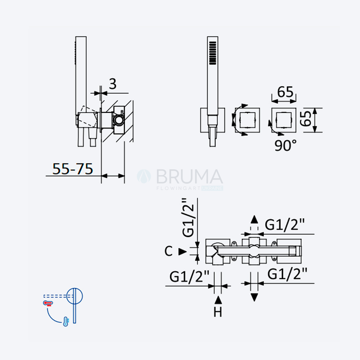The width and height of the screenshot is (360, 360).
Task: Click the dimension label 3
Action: click(x=112, y=84)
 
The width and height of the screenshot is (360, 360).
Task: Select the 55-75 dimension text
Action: click(x=73, y=169)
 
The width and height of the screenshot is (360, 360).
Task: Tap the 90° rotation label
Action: click(x=285, y=145)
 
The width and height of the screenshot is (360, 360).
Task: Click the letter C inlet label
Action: click(x=168, y=251)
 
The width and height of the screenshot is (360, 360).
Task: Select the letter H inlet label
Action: click(x=218, y=312)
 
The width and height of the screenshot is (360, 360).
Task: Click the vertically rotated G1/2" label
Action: click(x=188, y=217)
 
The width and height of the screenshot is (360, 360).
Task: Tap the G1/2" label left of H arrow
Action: click(x=189, y=276)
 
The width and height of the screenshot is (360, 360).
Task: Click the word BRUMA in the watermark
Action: click(x=190, y=176)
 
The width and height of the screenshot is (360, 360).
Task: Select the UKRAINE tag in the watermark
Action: click(x=212, y=188)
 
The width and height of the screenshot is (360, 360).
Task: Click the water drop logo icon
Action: click(x=144, y=176)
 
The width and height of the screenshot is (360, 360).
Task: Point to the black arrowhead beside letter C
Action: click(x=183, y=252)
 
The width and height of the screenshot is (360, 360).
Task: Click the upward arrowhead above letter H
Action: click(x=218, y=300)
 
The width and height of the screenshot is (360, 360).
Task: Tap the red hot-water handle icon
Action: click(x=48, y=303)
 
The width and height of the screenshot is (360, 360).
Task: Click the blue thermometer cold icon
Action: click(x=66, y=321)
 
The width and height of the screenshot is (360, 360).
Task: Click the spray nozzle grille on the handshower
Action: click(x=213, y=53)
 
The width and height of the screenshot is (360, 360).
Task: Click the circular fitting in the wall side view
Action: click(x=119, y=120)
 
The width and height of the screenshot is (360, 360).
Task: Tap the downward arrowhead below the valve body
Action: click(x=254, y=297)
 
